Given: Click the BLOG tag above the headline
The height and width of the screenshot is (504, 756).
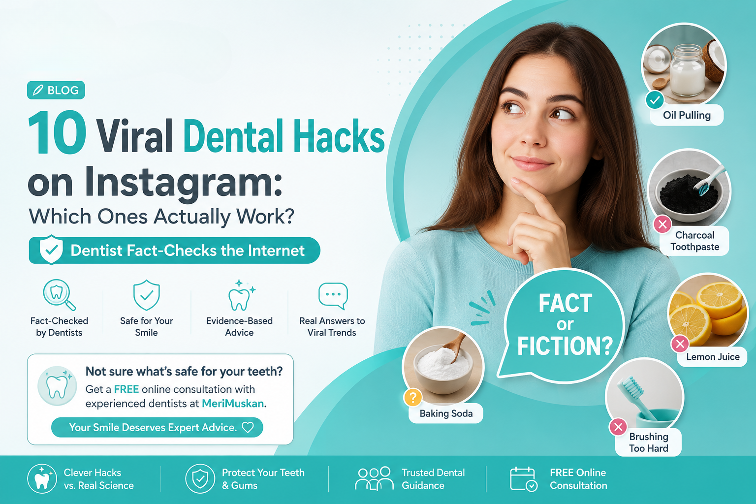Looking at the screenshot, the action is click(56, 90).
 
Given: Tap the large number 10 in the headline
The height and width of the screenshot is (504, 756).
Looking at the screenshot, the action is click(57, 133).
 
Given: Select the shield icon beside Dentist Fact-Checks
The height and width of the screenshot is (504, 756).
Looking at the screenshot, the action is click(51, 250).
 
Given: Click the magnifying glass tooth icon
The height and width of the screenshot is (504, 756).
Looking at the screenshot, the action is click(59, 295).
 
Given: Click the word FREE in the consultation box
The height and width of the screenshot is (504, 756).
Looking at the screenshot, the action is click(126, 389).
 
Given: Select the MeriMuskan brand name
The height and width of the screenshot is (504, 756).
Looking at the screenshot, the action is click(232, 404).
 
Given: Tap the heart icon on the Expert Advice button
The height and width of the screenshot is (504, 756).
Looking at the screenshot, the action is click(248, 427).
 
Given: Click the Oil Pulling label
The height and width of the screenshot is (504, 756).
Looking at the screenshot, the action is click(687, 116).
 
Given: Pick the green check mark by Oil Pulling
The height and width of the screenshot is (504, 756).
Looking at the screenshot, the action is click(655, 99).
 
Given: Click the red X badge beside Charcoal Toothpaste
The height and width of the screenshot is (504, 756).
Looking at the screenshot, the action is click(662, 224).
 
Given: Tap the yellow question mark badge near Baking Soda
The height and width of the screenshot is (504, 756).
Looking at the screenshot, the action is click(413, 397).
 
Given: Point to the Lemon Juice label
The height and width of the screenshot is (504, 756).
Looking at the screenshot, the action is click(713, 357).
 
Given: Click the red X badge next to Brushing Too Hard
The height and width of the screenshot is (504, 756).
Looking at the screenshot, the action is click(618, 427).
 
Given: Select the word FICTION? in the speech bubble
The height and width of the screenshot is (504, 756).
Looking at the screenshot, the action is click(565, 346).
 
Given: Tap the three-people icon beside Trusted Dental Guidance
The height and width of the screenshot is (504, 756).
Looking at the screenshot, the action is click(374, 479).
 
